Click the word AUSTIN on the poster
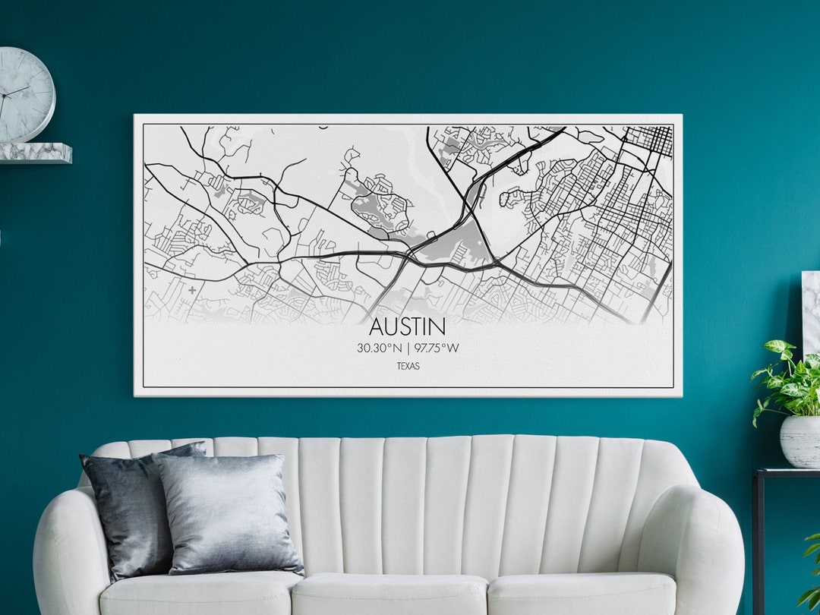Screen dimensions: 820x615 pos(407,326)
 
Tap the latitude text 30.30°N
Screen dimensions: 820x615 pos(380,348)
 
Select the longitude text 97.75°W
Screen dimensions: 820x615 pos(437,348)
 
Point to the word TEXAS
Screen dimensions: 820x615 pos(408,366)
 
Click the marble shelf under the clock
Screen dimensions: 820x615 pos(35,153)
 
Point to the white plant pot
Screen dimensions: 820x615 pos(799,440)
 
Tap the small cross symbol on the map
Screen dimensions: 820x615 pos(192,289)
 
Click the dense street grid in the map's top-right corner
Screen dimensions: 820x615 pos(649,140)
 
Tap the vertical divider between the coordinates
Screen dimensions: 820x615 pos(408,348)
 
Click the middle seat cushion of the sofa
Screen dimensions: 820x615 pos(389,592)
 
